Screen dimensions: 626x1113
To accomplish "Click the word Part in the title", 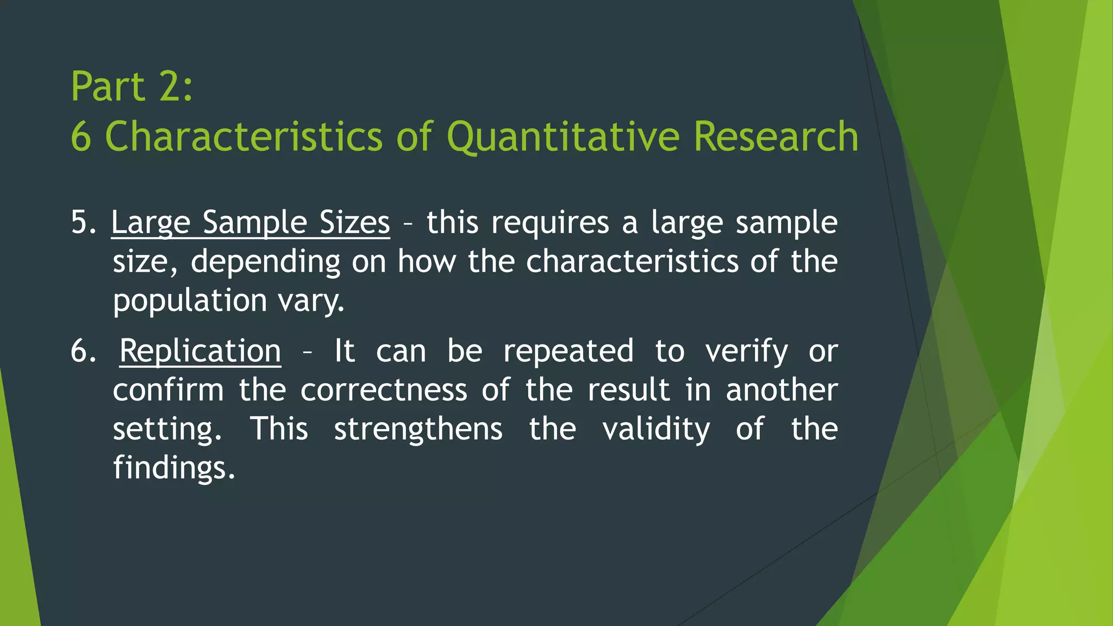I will click(x=108, y=87).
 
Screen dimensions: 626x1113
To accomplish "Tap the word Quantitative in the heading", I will click(x=563, y=137).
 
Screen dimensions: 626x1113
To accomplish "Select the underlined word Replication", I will click(x=200, y=351).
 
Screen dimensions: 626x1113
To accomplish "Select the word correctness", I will click(x=384, y=390).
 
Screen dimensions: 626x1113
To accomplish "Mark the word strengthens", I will click(x=418, y=429).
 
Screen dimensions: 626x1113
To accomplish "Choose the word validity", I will click(x=656, y=429).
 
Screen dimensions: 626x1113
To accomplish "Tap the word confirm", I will click(x=168, y=390).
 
